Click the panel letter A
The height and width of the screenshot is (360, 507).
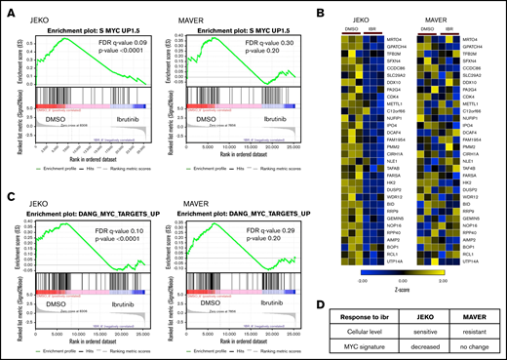7,9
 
